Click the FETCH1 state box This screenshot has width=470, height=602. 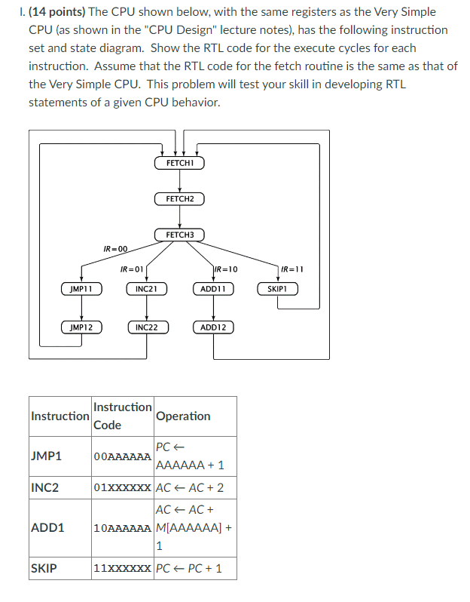[x=179, y=163]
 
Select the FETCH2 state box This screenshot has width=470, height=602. [x=179, y=199]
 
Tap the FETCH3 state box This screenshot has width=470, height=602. [x=179, y=235]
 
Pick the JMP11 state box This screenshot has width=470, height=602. [x=81, y=289]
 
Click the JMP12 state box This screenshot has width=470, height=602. [x=81, y=327]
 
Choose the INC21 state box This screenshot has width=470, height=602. [x=146, y=289]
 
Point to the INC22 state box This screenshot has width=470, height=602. [x=146, y=327]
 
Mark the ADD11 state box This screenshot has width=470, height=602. [x=213, y=289]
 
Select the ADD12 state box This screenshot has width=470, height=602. [x=213, y=327]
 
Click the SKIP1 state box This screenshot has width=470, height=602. [x=278, y=289]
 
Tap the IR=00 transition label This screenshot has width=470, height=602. [x=116, y=248]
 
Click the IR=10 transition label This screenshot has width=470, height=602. [x=226, y=269]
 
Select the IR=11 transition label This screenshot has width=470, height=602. [x=291, y=269]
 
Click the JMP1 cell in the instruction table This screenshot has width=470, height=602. [x=47, y=457]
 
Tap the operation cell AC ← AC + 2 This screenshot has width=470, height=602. [x=189, y=488]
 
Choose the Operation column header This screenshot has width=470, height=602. [x=183, y=416]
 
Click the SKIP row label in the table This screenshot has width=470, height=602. [x=43, y=568]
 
